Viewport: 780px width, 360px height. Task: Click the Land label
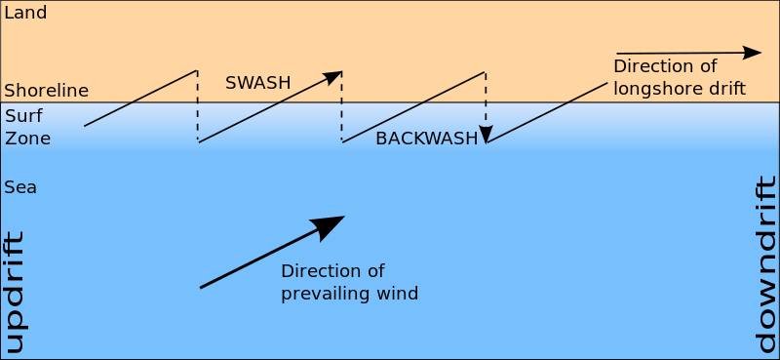coord(25,14)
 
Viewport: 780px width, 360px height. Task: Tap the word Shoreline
coord(46,91)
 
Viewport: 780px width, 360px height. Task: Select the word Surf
coord(23,116)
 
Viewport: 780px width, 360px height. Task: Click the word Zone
coord(27,139)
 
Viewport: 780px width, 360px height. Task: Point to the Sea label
coord(20,186)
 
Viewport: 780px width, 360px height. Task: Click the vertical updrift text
coord(14,292)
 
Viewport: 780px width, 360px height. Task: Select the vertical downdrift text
coord(767,264)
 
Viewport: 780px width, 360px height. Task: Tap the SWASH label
coord(257,83)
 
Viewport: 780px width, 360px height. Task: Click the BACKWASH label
coord(426,139)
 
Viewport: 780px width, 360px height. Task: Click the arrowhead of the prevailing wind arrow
coord(330,224)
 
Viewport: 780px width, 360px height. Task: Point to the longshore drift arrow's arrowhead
coord(752,52)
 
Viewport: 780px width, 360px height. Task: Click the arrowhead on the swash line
coord(333,75)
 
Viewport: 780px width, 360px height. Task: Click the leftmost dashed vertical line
coord(198,106)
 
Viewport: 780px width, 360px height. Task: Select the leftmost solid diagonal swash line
coord(140,99)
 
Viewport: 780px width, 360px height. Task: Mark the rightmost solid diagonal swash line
coord(547,112)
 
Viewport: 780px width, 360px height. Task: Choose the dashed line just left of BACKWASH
coord(341,106)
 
